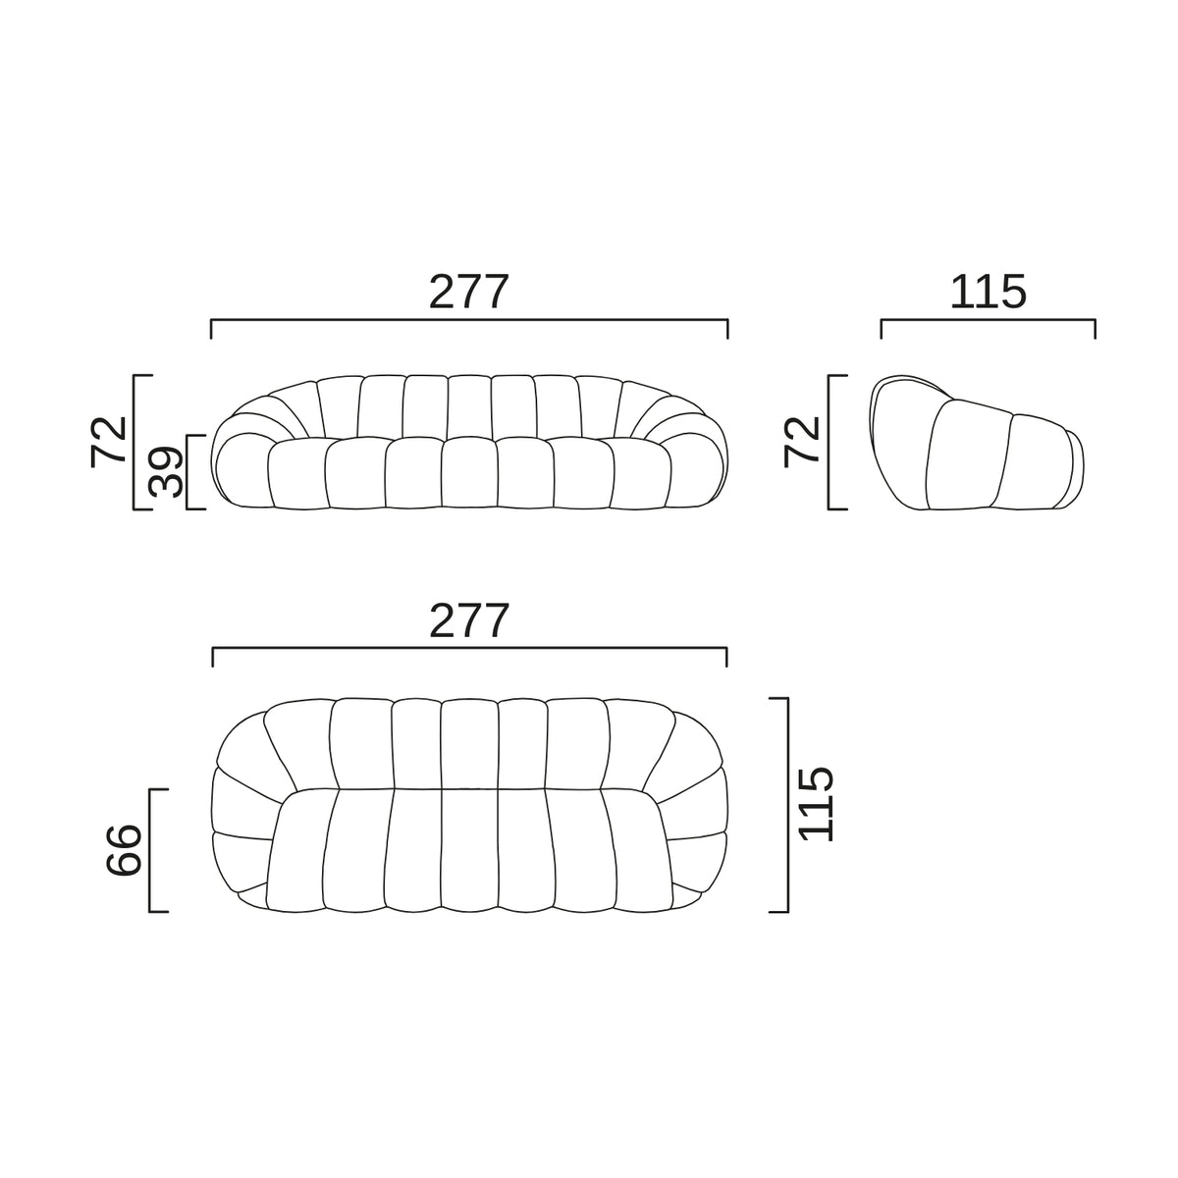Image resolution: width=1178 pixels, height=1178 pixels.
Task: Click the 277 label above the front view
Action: tap(468, 293)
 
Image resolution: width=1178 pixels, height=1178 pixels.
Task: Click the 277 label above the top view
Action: tap(468, 621)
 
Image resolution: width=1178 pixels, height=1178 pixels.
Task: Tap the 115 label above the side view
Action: tap(988, 293)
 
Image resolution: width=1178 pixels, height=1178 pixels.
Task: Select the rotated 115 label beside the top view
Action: tap(817, 804)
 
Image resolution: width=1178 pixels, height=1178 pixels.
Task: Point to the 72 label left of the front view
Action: tap(108, 442)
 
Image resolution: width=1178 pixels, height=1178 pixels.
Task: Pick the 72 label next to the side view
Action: tap(801, 442)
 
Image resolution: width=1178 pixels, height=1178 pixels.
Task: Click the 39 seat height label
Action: tap(166, 472)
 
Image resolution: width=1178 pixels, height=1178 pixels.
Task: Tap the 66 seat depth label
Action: tap(124, 850)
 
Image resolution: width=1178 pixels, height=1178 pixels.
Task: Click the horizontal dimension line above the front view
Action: tap(469, 320)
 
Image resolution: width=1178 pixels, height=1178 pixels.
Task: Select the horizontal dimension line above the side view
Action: tap(988, 320)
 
